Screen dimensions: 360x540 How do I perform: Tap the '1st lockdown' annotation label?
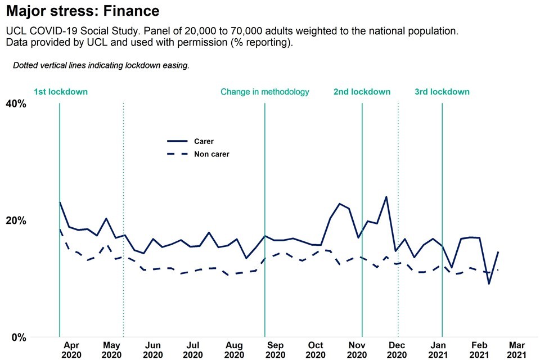point(61,92)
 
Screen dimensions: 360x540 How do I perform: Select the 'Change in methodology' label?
point(264,92)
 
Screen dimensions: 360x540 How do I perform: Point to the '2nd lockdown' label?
point(362,92)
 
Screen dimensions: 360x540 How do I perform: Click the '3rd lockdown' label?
point(442,92)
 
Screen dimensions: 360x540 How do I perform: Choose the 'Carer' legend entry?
point(204,142)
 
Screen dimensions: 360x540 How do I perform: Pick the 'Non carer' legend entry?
point(211,154)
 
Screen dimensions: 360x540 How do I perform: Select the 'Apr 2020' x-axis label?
point(71,350)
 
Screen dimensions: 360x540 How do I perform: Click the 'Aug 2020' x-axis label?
point(234,350)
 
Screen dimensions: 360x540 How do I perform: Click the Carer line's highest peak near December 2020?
point(386,197)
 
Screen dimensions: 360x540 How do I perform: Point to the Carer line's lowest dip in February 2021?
point(489,283)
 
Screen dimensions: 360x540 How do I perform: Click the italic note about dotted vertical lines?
point(101,65)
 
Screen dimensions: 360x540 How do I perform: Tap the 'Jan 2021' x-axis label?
point(439,350)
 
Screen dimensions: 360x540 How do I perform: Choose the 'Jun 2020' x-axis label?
point(153,350)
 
